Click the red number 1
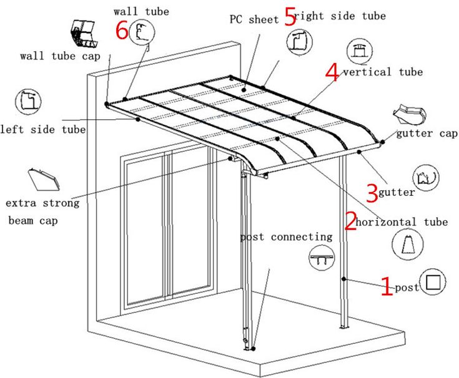[x=387, y=286]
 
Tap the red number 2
[x=350, y=221]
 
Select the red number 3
[x=372, y=193]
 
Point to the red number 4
[x=332, y=72]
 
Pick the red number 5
[x=289, y=17]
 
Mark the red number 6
[x=122, y=30]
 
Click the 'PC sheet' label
[x=254, y=19]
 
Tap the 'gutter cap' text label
[x=427, y=133]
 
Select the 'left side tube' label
[x=42, y=130]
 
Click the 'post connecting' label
[x=286, y=237]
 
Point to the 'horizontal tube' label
[x=402, y=222]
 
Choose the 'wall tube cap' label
[x=60, y=56]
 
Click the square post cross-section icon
[x=433, y=283]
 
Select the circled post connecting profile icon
[x=322, y=258]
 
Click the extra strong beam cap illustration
[x=44, y=179]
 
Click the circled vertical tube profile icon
[x=359, y=52]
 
